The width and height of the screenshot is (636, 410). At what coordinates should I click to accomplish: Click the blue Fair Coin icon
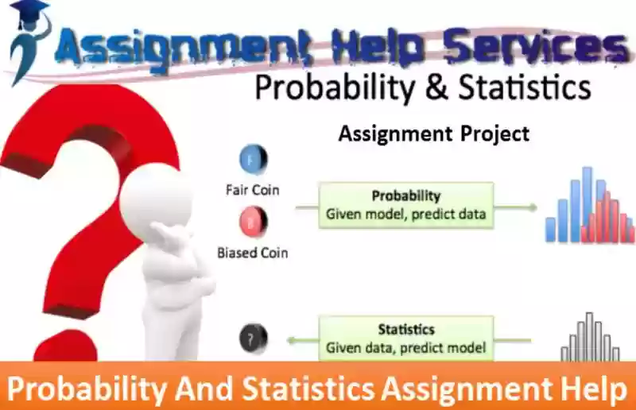pos(254,159)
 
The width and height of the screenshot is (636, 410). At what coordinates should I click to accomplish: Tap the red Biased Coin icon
pos(254,222)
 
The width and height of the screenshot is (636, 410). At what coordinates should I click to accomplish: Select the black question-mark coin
pos(254,338)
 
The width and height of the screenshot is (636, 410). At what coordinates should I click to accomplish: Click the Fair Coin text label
pos(252,190)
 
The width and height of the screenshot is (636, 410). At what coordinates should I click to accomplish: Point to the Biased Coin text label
pos(252,253)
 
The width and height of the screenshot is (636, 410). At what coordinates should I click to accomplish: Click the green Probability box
pos(406,206)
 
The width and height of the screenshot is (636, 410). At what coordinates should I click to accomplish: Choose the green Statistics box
pos(406,338)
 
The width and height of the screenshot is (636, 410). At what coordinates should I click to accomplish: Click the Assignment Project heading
pos(434,133)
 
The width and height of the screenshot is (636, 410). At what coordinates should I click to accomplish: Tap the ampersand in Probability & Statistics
pos(436,87)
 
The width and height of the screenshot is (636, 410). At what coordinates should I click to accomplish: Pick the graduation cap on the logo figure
pos(29,11)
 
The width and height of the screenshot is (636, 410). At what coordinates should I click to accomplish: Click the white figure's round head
pos(156,196)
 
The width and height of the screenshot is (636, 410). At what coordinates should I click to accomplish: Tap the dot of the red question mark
pos(65,346)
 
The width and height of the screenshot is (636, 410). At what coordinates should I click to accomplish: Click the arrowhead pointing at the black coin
pos(291,340)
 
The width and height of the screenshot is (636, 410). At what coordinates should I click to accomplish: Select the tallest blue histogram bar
pos(587,204)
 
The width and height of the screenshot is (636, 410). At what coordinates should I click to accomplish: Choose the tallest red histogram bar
pos(607,217)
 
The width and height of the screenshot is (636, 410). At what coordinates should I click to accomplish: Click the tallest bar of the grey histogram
pos(589,336)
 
